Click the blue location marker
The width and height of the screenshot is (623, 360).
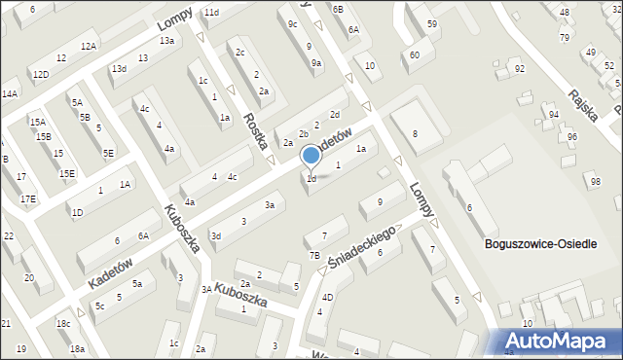pyautogui.click(x=311, y=155)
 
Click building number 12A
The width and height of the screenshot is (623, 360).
pyautogui.click(x=89, y=47)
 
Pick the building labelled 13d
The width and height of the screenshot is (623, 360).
pyautogui.click(x=119, y=69)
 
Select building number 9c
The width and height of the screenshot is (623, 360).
pyautogui.click(x=292, y=23)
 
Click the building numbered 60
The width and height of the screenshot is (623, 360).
pyautogui.click(x=415, y=55)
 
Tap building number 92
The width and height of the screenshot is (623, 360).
pyautogui.click(x=519, y=69)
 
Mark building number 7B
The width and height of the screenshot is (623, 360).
pyautogui.click(x=314, y=256)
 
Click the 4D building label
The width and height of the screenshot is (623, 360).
pyautogui.click(x=328, y=297)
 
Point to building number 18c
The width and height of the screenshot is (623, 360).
pyautogui.click(x=63, y=324)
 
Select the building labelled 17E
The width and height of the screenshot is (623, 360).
pyautogui.click(x=29, y=199)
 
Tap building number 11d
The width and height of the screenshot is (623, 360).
pyautogui.click(x=211, y=13)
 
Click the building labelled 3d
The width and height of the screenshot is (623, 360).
pyautogui.click(x=217, y=235)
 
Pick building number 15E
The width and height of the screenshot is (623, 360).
pyautogui.click(x=67, y=174)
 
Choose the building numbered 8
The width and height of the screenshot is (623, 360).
pyautogui.click(x=415, y=134)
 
